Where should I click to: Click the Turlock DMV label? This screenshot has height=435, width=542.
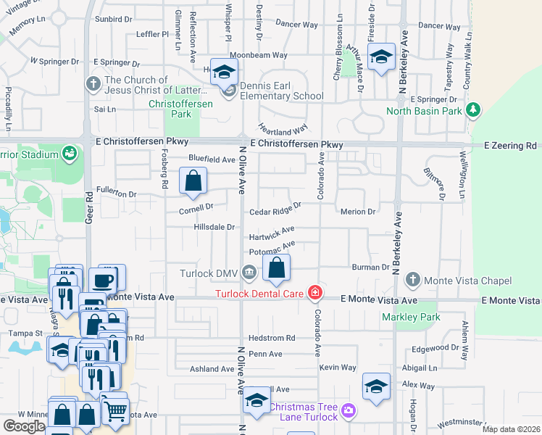pos(210,273)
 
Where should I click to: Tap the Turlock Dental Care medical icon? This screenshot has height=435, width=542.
pos(315,293)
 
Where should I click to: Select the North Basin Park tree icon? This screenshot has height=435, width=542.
pos(473,110)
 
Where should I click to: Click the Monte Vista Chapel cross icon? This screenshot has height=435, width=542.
pos(413,280)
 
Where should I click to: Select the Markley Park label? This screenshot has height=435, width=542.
pos(412,317)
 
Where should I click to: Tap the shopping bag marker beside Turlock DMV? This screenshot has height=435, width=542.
pos(277,268)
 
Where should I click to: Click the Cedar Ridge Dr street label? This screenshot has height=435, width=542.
pos(275,212)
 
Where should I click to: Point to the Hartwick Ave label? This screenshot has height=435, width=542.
pos(271,237)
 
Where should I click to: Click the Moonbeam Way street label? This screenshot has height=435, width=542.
pos(259,55)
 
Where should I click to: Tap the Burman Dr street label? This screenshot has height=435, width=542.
pos(371,268)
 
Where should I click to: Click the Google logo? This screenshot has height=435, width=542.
pos(24,426)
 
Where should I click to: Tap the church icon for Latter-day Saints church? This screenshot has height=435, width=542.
pos(93,83)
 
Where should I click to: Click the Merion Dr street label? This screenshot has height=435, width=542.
pos(358,212)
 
